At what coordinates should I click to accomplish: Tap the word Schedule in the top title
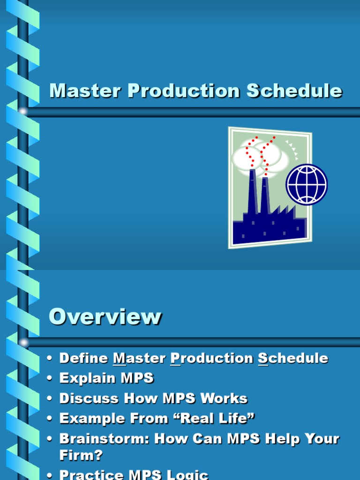[x=295, y=90]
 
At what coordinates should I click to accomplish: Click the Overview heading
[x=105, y=316]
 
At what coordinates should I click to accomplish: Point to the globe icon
[x=307, y=184]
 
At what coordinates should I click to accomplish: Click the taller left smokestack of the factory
[x=253, y=192]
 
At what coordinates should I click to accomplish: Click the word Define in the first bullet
[x=83, y=358]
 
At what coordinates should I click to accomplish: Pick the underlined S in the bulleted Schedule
[x=263, y=358]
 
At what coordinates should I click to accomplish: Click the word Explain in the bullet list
[x=87, y=378]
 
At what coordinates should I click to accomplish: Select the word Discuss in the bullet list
[x=89, y=398]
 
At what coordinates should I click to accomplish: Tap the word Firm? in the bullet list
[x=81, y=455]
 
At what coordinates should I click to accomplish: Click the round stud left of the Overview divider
[x=23, y=342]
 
